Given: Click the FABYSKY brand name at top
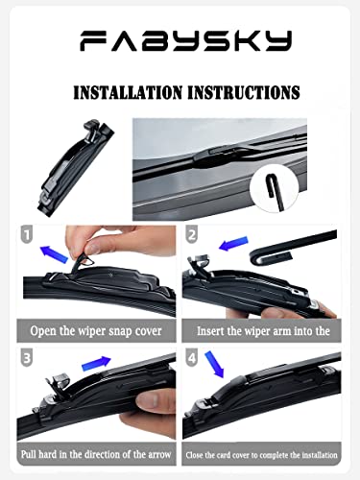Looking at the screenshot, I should pos(180,39).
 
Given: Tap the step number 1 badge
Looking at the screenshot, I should pos(26,234).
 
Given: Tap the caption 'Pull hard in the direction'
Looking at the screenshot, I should pos(96,451).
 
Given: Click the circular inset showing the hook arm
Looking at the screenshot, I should pos(276,190).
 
